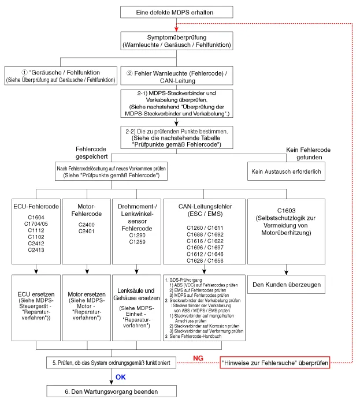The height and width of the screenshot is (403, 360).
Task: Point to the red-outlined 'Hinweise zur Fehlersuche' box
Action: pos(274,363)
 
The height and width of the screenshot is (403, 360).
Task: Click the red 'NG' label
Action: pos(198,359)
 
